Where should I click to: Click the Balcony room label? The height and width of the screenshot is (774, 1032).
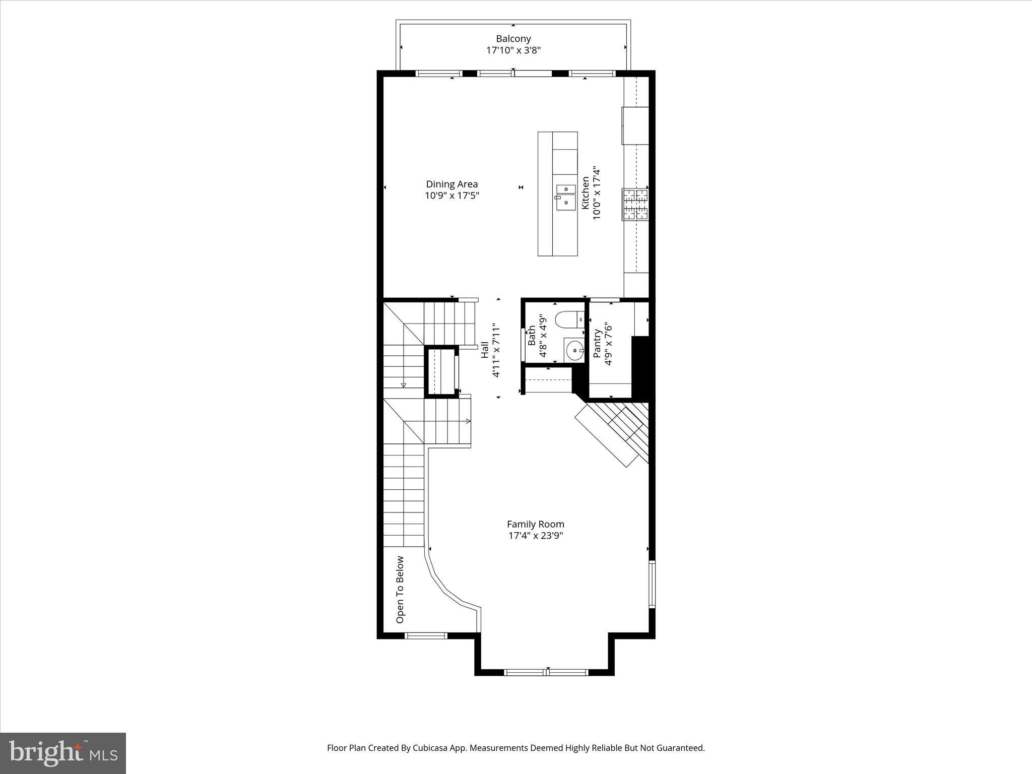(513, 38)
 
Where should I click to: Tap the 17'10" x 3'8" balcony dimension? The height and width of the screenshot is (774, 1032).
(513, 50)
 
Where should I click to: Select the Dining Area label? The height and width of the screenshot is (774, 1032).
(451, 184)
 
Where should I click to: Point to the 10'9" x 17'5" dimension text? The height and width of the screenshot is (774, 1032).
(451, 196)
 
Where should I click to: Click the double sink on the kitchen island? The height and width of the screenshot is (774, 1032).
(566, 196)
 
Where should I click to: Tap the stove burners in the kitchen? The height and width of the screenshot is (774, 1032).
(635, 204)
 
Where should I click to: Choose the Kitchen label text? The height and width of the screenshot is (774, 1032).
(586, 193)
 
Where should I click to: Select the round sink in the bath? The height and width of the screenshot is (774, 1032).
(574, 350)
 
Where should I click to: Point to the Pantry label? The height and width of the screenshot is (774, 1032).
(597, 344)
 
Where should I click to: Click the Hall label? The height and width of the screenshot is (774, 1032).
(485, 350)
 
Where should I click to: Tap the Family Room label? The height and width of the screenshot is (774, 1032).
(535, 524)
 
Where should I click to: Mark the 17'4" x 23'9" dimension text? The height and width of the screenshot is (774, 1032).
(535, 536)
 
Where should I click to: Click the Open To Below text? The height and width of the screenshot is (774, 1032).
(400, 589)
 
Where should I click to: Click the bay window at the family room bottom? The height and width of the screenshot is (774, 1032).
(546, 672)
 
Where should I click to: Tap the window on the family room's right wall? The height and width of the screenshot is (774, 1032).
(652, 585)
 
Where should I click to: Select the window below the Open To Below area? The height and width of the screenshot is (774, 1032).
(426, 635)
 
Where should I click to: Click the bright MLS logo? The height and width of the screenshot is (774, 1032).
(62, 753)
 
